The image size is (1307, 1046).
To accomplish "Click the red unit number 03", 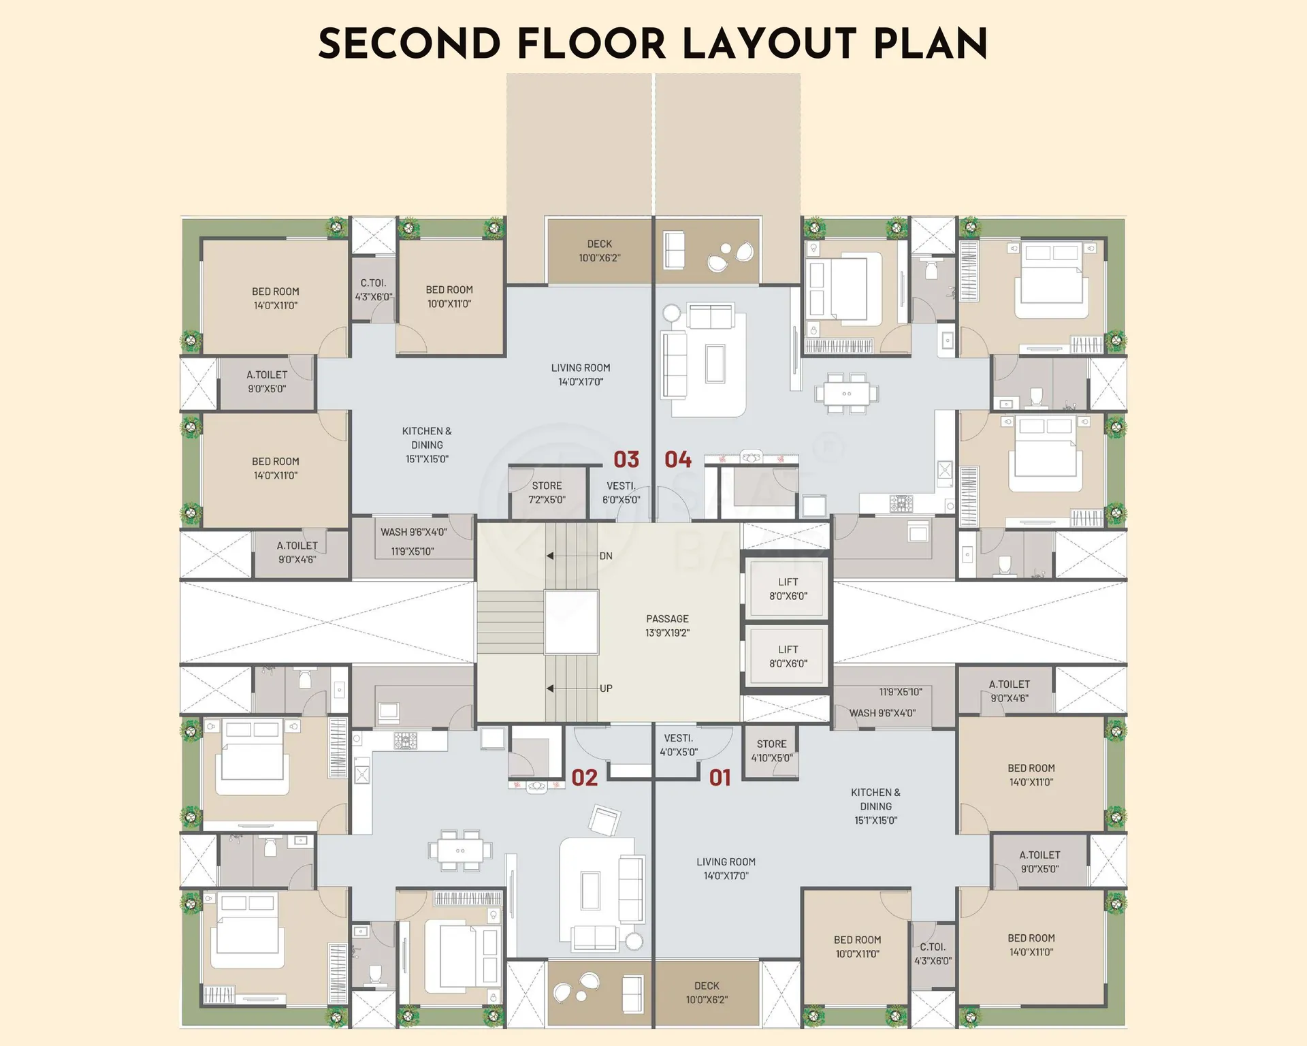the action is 626,460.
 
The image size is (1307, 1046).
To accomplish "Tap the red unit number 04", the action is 678,460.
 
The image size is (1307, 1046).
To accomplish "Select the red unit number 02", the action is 584,778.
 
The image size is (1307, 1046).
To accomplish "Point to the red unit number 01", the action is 720,778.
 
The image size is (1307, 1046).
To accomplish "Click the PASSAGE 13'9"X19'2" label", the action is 667,626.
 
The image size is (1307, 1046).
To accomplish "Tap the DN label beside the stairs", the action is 606,556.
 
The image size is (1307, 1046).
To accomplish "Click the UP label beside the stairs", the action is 606,688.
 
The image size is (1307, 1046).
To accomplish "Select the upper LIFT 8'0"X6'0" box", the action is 788,589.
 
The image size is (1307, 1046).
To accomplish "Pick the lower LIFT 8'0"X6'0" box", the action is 788,656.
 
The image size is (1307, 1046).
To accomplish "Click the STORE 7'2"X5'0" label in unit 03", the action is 547,492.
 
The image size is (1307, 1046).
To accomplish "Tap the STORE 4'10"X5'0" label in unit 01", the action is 772,751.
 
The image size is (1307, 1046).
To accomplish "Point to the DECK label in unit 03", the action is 600,244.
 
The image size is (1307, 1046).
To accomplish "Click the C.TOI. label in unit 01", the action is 933,947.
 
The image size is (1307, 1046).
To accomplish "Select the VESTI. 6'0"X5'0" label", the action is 621,493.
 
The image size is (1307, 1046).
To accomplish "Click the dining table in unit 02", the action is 460,851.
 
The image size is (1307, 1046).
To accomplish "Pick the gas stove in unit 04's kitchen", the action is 903,504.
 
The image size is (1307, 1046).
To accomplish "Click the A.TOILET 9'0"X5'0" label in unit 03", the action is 267,381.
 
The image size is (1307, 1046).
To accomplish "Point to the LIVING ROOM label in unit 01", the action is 726,861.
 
